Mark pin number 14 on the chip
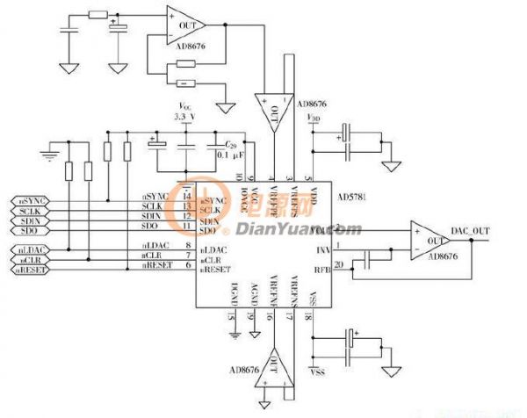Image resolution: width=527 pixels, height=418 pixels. pos(188,197)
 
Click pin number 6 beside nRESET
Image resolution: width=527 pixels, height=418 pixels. pos(188,264)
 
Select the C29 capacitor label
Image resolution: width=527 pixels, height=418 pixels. pos(230,143)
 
